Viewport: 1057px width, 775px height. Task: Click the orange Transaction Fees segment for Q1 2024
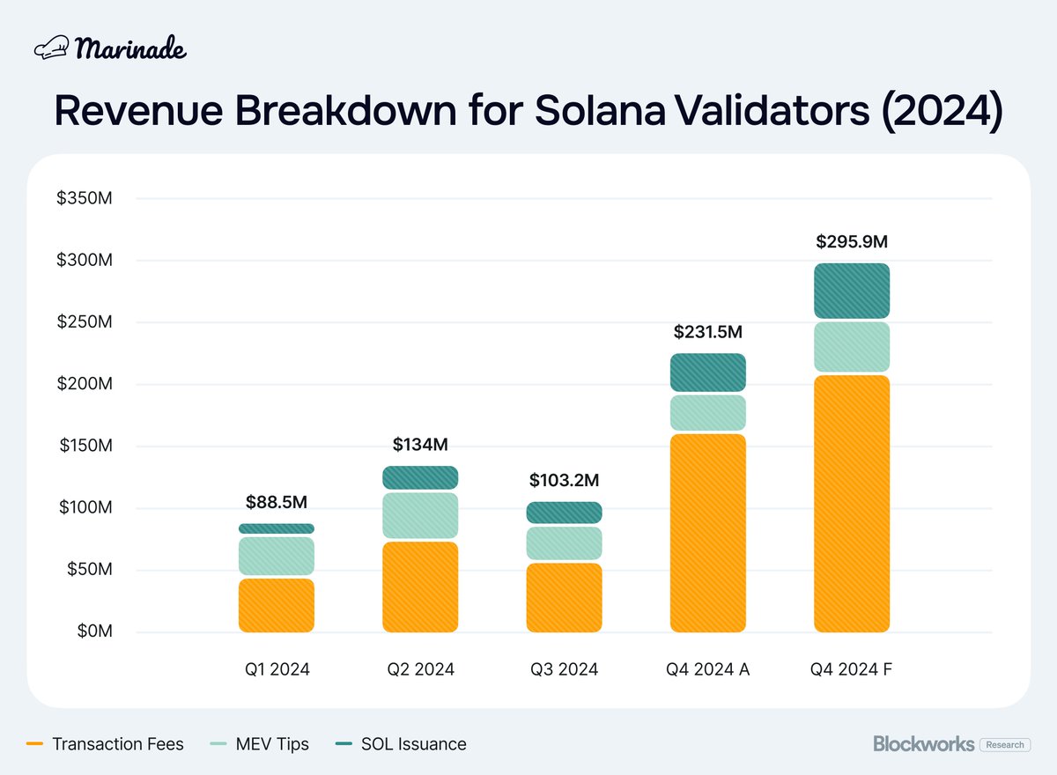click(276, 605)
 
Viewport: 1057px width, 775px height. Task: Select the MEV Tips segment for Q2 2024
click(420, 516)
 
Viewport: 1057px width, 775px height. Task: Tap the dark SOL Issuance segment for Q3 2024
click(564, 513)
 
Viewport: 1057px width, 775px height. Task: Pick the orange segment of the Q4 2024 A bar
click(707, 533)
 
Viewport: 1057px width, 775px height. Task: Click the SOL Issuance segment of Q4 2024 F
click(851, 291)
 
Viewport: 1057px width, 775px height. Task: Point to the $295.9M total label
click(851, 240)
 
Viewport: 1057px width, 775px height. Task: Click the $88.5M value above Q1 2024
click(276, 503)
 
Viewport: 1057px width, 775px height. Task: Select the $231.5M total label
click(707, 332)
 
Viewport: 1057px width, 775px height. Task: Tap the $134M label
click(420, 445)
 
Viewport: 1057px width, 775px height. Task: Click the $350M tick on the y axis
click(85, 199)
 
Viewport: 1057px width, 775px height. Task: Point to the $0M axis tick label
click(92, 631)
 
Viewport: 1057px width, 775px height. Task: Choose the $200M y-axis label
click(85, 384)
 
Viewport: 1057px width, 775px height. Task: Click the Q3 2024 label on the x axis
click(564, 669)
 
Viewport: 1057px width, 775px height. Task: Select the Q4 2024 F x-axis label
click(851, 669)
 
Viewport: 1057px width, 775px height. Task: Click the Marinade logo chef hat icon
click(51, 49)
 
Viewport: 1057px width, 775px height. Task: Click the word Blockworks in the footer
click(923, 744)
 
